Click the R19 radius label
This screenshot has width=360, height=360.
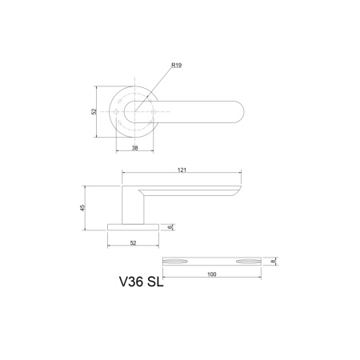(177, 66)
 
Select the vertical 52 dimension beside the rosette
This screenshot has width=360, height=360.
(94, 112)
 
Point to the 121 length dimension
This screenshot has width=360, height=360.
(182, 169)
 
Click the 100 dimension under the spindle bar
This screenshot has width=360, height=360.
(211, 274)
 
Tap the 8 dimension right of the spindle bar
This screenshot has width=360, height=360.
(274, 261)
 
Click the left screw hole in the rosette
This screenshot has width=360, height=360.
(118, 112)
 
